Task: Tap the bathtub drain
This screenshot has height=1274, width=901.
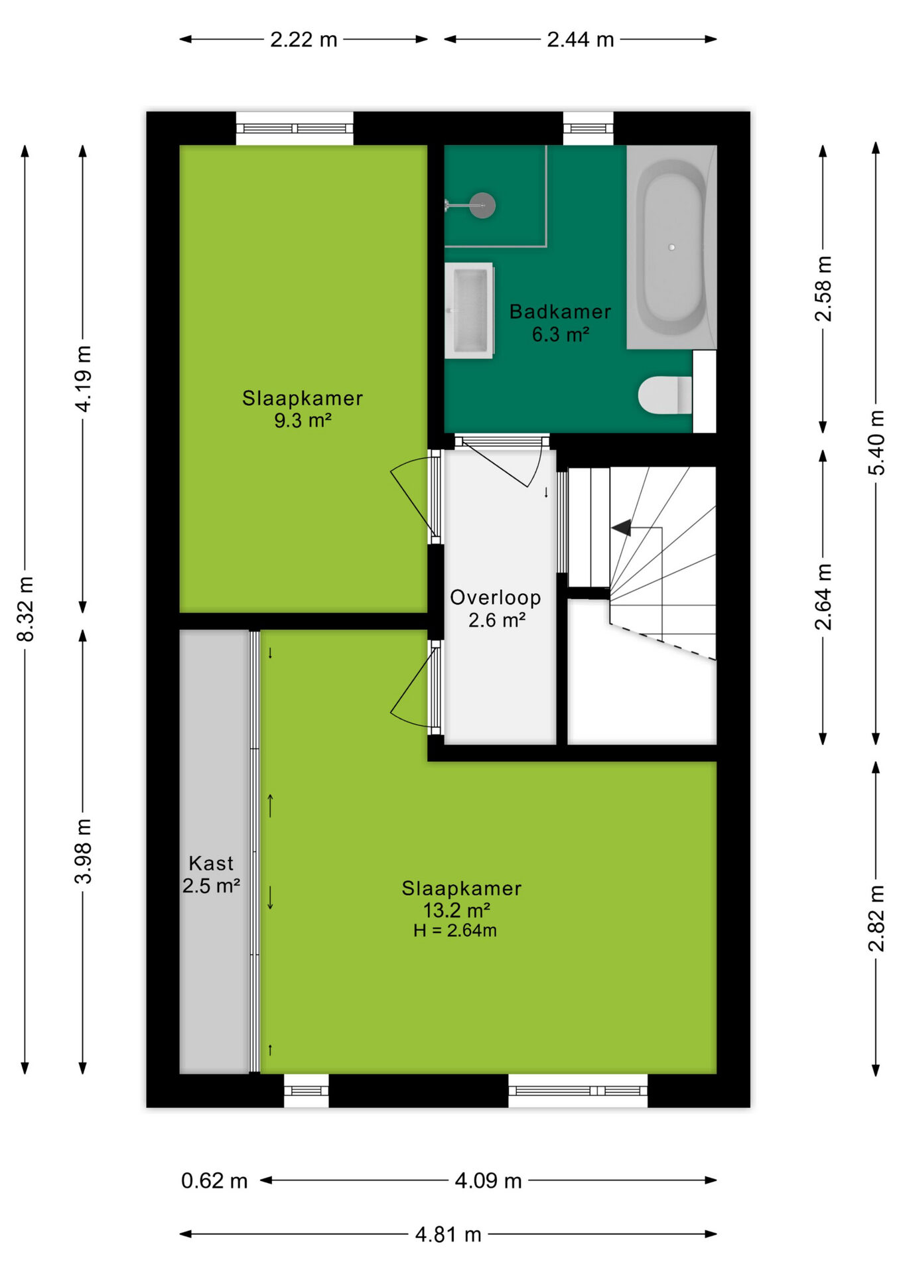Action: pos(671,247)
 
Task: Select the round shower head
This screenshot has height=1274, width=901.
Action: pos(482,206)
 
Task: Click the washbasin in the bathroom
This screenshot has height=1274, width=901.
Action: pos(469,311)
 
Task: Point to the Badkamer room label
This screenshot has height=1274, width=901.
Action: pos(560,311)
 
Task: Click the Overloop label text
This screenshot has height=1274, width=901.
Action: pos(496,597)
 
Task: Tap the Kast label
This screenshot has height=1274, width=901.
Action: pos(211,863)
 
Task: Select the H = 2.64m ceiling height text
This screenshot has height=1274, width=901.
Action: pos(455,930)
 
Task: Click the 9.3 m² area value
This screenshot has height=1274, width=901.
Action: pos(303,420)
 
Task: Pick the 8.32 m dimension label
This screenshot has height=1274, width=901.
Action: pos(25,609)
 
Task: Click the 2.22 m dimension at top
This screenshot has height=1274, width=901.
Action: pos(304,40)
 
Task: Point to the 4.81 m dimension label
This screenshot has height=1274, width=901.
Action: pos(449,1235)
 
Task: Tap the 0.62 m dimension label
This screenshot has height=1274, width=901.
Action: pos(214,1181)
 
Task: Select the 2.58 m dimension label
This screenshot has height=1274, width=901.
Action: pos(823,289)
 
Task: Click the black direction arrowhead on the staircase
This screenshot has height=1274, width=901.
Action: pos(622,528)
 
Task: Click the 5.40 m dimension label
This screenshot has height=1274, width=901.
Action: pos(876,443)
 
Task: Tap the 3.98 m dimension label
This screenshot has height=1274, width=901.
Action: pos(83,851)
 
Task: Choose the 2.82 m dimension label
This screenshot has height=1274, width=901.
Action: pos(876,918)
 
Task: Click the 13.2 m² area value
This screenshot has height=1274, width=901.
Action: pos(456,910)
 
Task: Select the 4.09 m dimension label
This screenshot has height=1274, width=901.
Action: pos(488,1181)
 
